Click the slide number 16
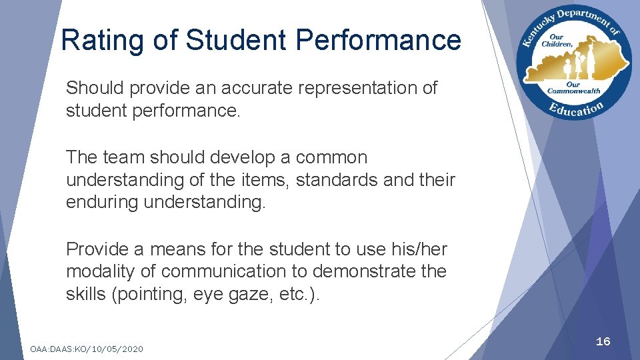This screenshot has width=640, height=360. coord(603,341)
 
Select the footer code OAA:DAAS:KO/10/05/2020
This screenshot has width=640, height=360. coord(87,349)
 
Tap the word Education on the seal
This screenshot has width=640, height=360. coord(578,109)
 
